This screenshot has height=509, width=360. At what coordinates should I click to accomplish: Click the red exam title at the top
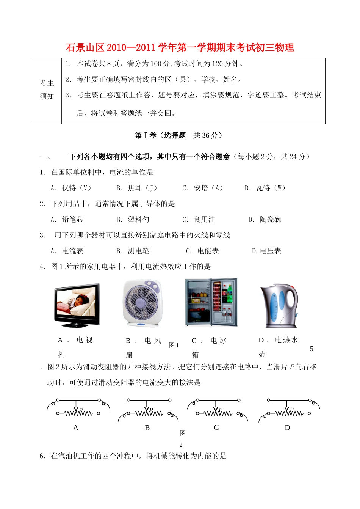tap(180, 48)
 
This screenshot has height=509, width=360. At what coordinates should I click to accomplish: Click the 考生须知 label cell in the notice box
tap(47, 90)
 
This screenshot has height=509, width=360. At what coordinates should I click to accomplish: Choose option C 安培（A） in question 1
tap(203, 188)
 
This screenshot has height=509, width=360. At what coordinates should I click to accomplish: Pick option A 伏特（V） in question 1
tap(71, 188)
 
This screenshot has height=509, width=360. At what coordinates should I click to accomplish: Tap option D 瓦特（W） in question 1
tap(265, 188)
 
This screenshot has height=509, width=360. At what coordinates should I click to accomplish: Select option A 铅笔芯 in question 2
tap(67, 220)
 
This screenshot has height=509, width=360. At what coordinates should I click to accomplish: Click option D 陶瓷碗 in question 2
tap(265, 220)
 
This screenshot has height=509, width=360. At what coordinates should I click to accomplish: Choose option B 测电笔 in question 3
tap(133, 251)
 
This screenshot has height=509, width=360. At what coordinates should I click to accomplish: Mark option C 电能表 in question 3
tap(203, 251)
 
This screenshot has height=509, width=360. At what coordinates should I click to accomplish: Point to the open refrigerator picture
tap(211, 302)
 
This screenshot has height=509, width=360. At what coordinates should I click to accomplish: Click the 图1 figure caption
tap(174, 346)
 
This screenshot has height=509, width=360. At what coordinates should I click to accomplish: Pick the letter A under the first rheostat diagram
tap(76, 428)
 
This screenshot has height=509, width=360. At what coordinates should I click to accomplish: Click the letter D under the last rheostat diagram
tap(287, 428)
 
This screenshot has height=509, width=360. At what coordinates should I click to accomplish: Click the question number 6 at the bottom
tap(42, 456)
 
